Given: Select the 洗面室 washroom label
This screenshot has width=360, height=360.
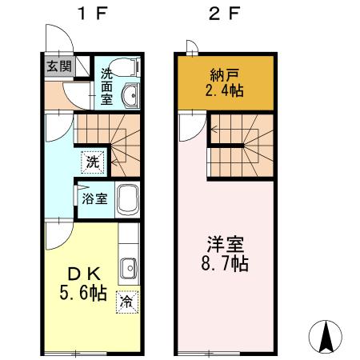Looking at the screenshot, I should point(107,86).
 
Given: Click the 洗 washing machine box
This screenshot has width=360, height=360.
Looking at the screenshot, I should point(93,161).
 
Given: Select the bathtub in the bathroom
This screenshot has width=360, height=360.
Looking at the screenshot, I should point(128,199).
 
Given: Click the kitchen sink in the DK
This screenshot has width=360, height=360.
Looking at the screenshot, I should point(128,266).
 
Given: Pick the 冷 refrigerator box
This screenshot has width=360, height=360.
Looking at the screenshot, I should point(126,302).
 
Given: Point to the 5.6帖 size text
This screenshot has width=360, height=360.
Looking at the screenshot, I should point(80,294).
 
